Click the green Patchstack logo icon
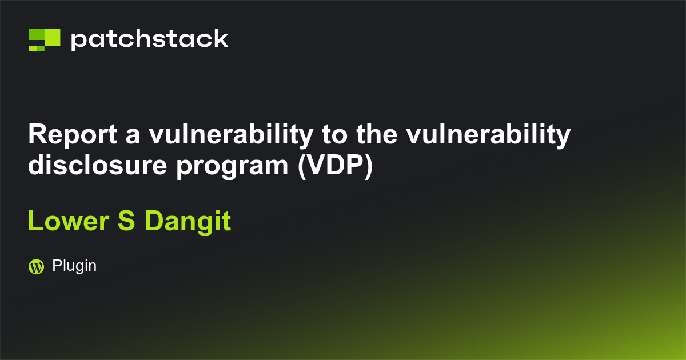tap(44, 39)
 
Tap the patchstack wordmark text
tap(149, 40)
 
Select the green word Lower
tap(69, 222)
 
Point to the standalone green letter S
tap(126, 222)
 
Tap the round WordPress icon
tap(36, 266)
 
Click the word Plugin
tap(74, 266)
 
